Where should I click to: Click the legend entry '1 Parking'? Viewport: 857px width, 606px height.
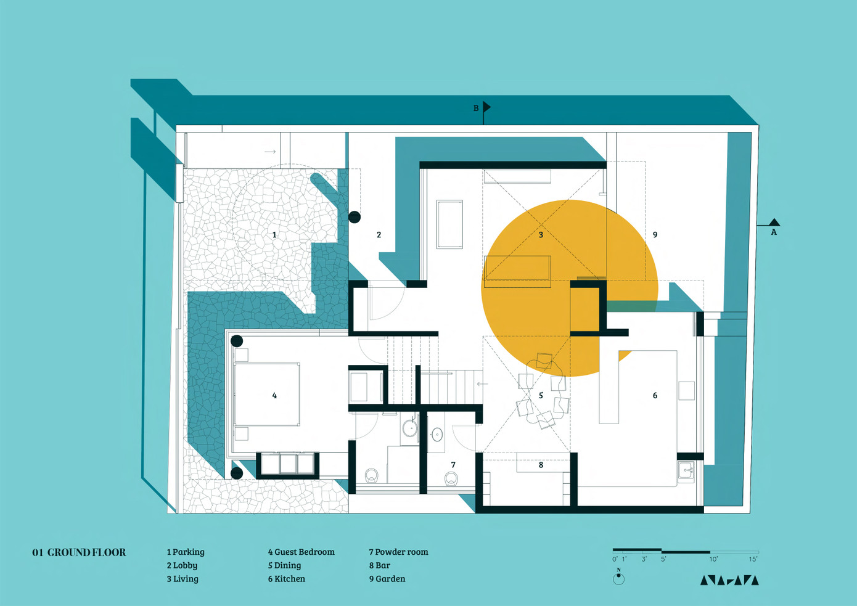186,552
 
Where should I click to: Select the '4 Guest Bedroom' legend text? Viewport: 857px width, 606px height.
301,552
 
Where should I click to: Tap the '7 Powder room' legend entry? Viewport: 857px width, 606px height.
399,552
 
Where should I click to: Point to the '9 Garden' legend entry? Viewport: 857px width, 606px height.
387,578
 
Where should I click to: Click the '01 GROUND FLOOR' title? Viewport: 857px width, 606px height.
79,552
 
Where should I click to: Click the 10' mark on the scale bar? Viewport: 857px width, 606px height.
713,559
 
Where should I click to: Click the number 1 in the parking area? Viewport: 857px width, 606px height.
274,234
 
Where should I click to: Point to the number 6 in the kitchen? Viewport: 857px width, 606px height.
655,395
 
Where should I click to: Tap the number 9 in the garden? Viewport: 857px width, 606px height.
655,234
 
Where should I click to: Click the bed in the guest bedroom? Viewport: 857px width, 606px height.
267,395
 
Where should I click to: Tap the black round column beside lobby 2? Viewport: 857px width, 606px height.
355,217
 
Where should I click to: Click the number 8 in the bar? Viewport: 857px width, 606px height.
541,465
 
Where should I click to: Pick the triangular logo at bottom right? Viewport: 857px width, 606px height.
729,580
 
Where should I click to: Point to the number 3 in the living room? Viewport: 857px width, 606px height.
541,234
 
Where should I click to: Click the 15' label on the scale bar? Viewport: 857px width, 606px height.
753,559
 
